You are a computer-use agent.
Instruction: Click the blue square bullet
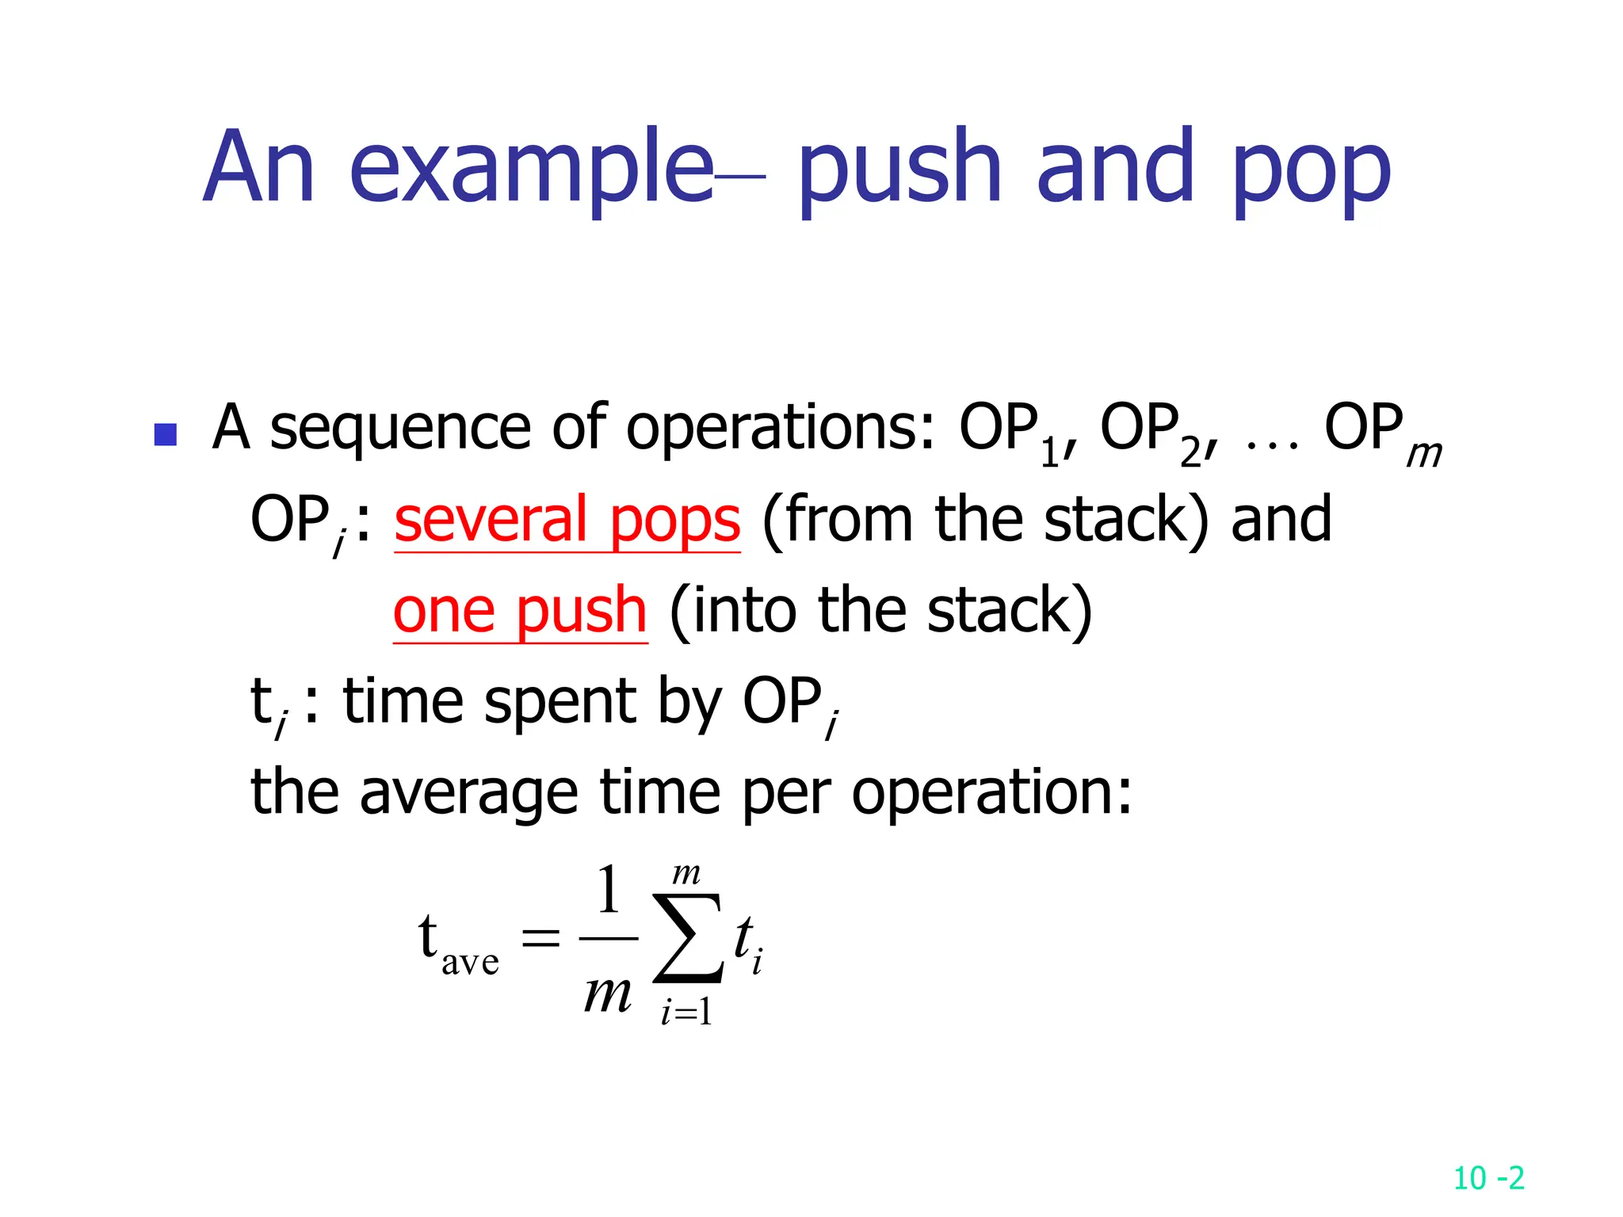[165, 434]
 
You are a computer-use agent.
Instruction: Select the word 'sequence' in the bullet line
[399, 429]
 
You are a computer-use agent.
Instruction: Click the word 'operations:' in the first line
[780, 429]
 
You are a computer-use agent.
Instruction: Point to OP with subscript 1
[1010, 432]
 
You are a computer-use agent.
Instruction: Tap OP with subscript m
[1379, 432]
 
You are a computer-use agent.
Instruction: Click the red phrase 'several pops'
[567, 521]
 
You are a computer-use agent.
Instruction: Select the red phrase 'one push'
[520, 612]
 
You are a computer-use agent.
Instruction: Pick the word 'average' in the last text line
[468, 792]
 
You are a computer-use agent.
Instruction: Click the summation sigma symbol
[686, 939]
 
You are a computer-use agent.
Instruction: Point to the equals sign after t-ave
[540, 940]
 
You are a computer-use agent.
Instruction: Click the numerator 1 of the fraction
[608, 891]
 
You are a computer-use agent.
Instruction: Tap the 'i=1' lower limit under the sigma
[686, 1012]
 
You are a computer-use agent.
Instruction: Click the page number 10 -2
[1488, 1178]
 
